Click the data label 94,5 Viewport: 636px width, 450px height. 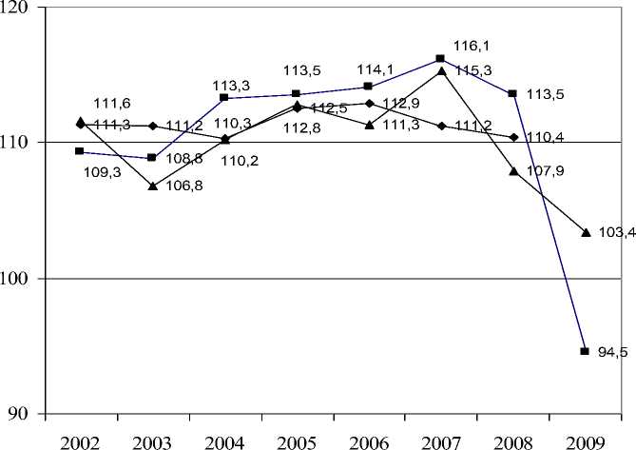point(613,353)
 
